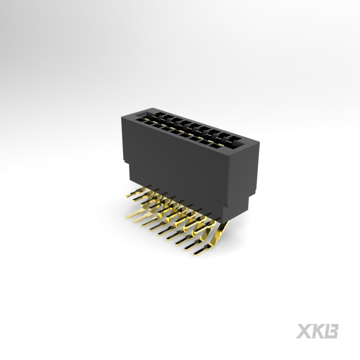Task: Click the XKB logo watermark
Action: coord(317,331)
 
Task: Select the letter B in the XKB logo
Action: coord(331,331)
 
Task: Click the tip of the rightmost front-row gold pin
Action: coord(195,254)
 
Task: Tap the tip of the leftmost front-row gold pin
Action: coord(127,216)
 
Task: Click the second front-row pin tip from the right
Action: coord(186,249)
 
